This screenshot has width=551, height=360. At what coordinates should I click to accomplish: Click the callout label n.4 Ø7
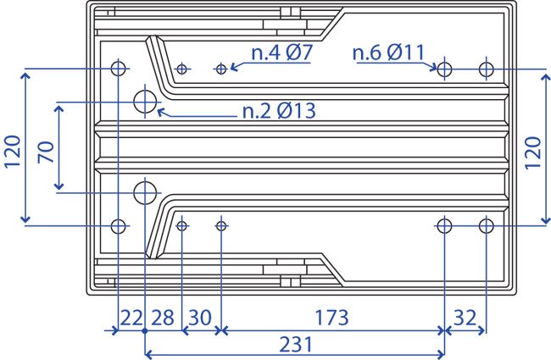[281, 53]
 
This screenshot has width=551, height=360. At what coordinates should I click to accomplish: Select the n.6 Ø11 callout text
[388, 53]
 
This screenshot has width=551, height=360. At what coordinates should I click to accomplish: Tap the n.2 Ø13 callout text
[280, 111]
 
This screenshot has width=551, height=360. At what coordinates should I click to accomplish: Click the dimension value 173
[331, 318]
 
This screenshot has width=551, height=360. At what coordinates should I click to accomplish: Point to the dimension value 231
[296, 344]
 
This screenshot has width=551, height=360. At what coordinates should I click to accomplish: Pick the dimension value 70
[46, 152]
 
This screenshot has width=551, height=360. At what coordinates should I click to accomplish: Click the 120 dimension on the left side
[13, 152]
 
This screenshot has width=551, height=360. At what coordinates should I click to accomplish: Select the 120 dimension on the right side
[532, 152]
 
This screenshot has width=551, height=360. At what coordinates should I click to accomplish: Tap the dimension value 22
[131, 318]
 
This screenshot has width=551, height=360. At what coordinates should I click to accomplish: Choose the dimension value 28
[163, 318]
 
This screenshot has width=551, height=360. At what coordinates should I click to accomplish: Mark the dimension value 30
[200, 318]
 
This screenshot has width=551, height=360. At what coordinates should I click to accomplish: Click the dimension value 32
[465, 318]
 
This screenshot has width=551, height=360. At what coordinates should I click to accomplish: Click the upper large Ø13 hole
[145, 102]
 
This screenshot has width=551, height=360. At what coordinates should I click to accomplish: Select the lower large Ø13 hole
[145, 193]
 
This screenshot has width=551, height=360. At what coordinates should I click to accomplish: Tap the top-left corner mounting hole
[118, 69]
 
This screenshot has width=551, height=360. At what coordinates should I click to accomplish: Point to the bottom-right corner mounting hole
[487, 226]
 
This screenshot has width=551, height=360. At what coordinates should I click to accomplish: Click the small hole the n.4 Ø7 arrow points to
[221, 69]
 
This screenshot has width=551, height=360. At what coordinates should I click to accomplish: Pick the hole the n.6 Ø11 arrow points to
[444, 69]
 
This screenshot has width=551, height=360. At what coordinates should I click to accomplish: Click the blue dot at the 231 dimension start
[145, 331]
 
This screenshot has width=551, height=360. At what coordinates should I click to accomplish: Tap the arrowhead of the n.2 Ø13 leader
[160, 112]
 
